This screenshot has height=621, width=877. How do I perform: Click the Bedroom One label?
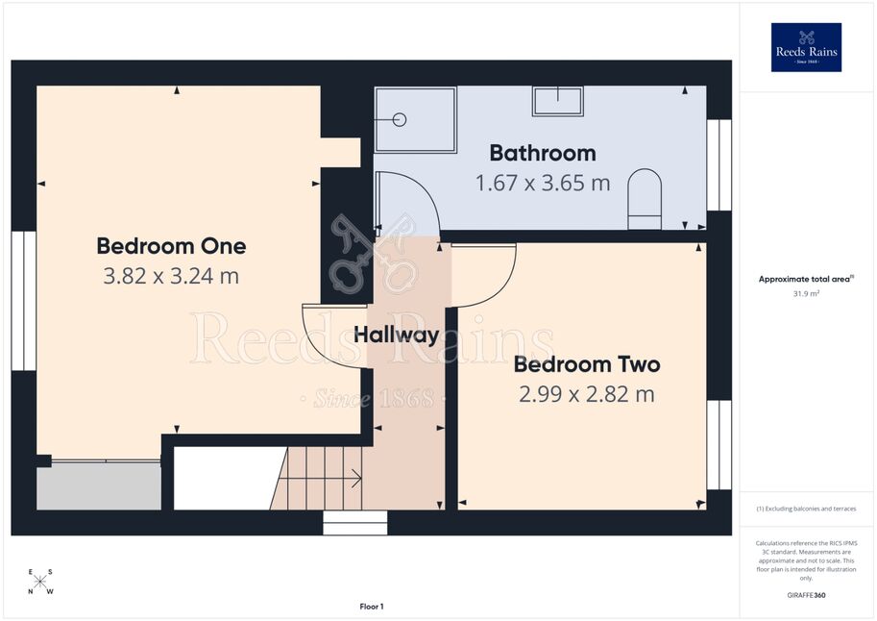coord(171,246)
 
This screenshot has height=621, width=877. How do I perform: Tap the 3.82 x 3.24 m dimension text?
coord(171,276)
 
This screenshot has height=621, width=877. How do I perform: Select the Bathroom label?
coord(543,153)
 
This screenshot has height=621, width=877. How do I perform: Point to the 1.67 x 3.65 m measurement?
coord(543,183)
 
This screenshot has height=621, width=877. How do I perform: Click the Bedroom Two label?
coord(587,364)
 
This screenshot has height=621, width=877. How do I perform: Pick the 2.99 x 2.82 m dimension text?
coord(587,394)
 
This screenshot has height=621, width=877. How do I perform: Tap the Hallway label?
coord(397,335)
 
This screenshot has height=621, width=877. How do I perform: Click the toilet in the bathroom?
coord(645,199)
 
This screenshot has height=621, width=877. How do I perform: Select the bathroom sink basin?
coord(558,101)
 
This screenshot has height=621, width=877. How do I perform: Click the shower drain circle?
coord(400,119)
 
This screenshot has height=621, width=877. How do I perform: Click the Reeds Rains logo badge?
coord(806,47)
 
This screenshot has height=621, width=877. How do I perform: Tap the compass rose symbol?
coord(40,582)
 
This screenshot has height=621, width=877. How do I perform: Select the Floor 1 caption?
coord(372,607)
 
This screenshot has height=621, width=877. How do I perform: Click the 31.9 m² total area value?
coord(806,293)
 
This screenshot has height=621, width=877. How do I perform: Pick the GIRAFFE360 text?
coord(806,595)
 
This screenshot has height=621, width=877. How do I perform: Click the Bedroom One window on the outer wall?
coord(23,301)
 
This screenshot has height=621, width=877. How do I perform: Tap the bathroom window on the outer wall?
coord(719,165)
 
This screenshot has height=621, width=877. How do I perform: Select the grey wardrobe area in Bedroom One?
coord(99,486)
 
